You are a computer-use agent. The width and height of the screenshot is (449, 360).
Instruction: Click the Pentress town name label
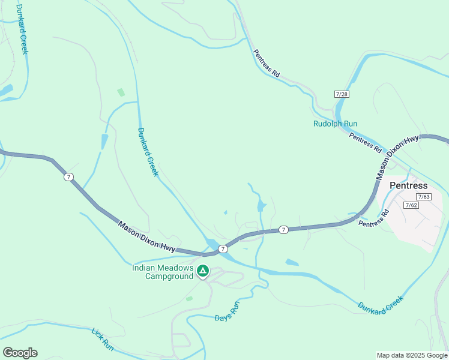pyautogui.click(x=408, y=185)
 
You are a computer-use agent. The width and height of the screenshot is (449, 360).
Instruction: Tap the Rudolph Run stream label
pyautogui.click(x=335, y=124)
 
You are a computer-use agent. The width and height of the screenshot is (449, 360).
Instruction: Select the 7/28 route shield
pyautogui.click(x=342, y=94)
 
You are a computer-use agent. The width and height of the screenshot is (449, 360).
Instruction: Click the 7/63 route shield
pyautogui.click(x=424, y=197)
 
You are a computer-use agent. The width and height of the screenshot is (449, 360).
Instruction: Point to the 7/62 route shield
pyautogui.click(x=411, y=205)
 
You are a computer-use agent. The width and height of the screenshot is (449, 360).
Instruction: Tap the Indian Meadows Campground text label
pyautogui.click(x=163, y=272)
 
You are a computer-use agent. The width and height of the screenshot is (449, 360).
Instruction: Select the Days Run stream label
pyautogui.click(x=228, y=310)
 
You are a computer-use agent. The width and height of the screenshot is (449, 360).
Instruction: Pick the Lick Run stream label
pyautogui.click(x=103, y=338)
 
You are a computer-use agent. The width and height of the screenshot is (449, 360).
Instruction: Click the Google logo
pyautogui.click(x=20, y=353)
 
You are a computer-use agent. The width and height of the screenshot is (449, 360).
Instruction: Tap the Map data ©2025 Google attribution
pyautogui.click(x=411, y=355)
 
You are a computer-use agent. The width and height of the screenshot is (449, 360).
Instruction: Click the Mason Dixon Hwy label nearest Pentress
pyautogui.click(x=397, y=157)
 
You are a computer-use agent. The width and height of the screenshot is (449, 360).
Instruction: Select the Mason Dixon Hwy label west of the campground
pyautogui.click(x=147, y=237)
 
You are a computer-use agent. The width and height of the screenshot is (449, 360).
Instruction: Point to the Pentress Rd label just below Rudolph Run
pyautogui.click(x=365, y=141)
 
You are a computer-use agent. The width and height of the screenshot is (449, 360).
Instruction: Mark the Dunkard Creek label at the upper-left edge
pyautogui.click(x=22, y=28)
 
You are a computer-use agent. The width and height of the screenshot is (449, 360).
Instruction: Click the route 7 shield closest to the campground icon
pyautogui.click(x=223, y=248)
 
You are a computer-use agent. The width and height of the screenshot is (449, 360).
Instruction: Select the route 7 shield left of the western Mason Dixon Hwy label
pyautogui.click(x=69, y=176)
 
